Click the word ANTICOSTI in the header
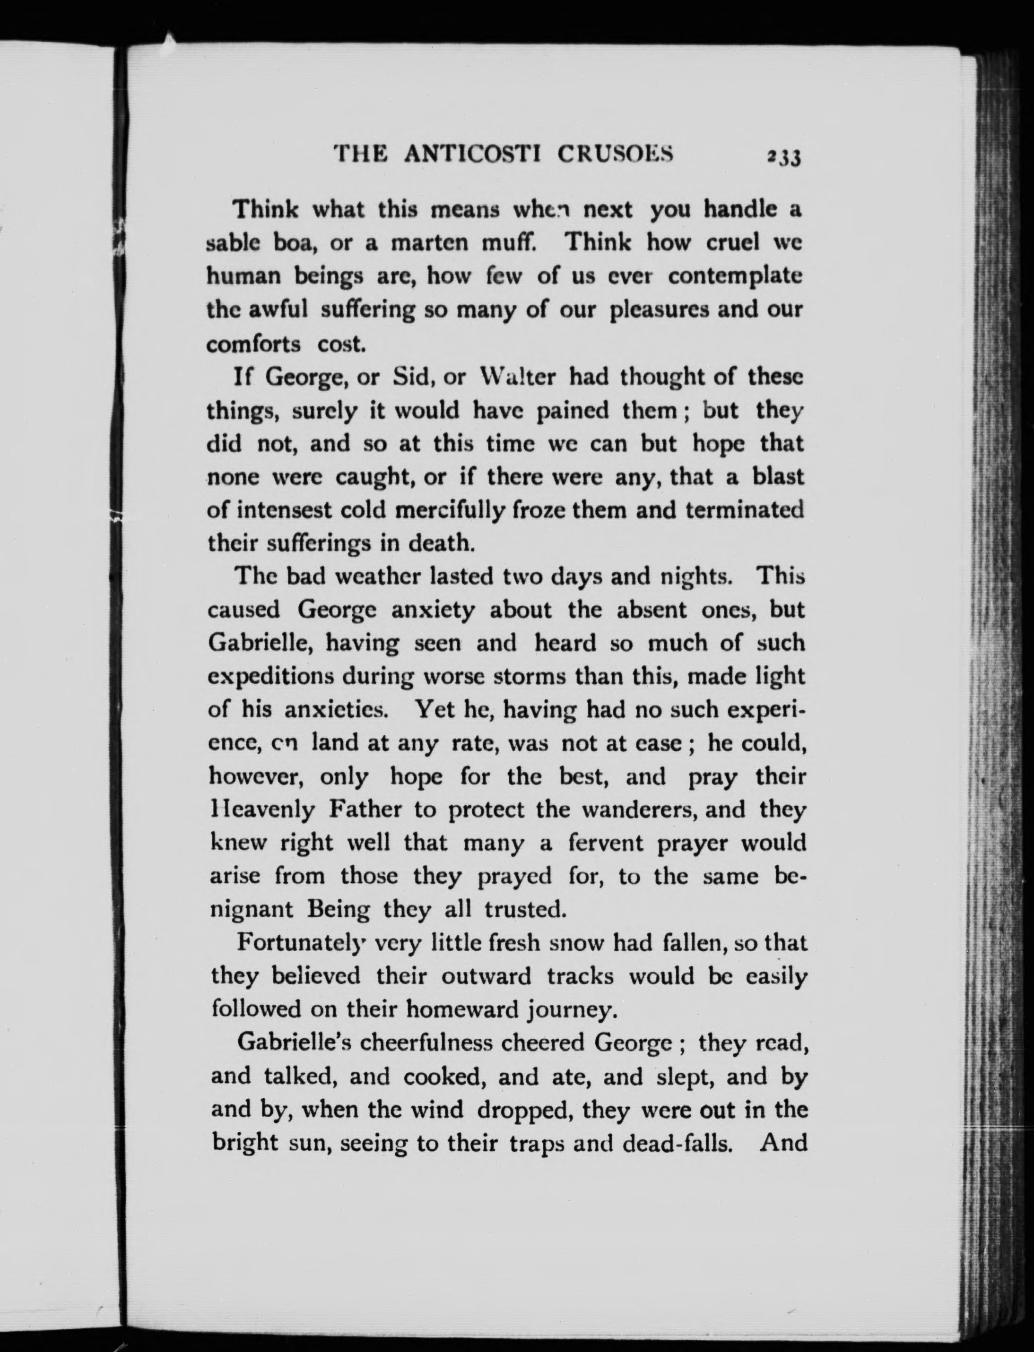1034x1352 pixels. point(472,153)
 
